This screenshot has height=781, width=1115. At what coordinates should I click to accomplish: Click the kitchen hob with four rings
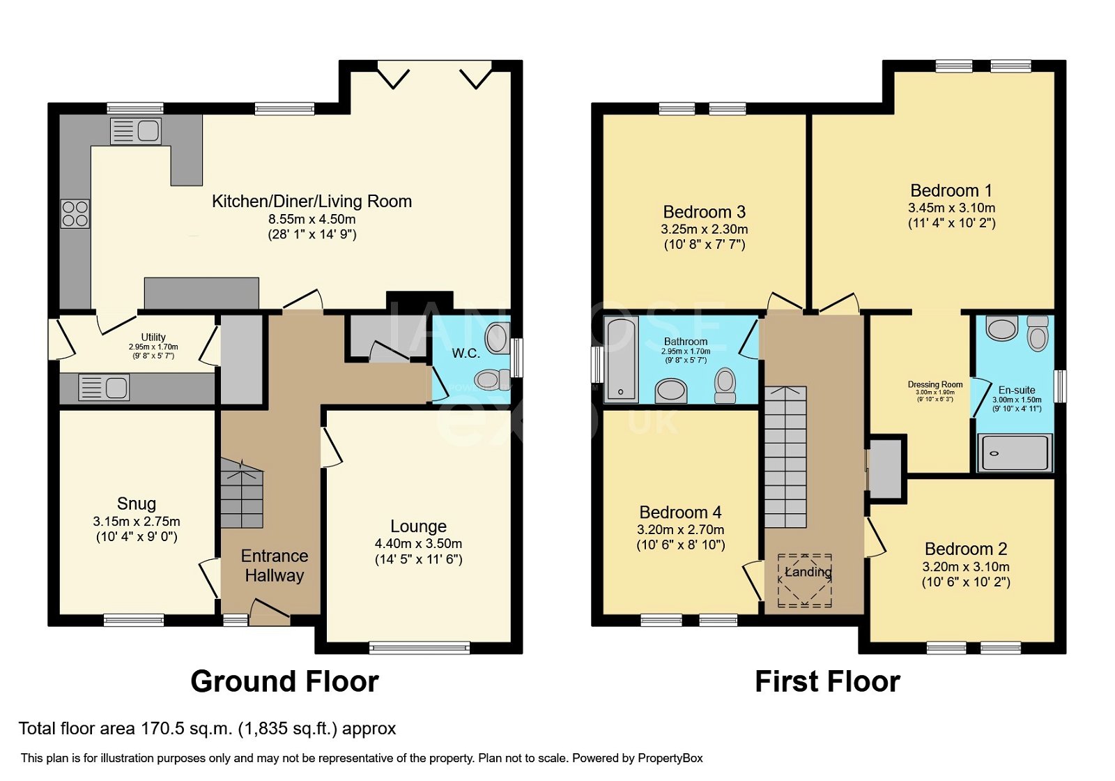pos(75,214)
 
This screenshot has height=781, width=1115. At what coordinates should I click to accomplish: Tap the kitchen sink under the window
pos(136,131)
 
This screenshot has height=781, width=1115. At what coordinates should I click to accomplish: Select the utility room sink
pos(104,388)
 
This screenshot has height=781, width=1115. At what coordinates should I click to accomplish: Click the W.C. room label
pos(466,354)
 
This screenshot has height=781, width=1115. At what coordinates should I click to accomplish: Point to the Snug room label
pos(137,503)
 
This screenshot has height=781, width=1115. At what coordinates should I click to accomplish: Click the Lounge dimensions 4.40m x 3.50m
pos(418,544)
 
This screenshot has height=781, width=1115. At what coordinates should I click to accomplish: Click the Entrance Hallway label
pos(275,566)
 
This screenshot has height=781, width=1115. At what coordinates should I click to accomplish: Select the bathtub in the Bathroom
pos(622,359)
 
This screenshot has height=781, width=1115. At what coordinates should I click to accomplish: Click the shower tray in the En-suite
pos(1015,453)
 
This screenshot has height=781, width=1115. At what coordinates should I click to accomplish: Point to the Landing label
pos(808,572)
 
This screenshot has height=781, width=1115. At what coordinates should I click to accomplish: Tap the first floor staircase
pos(785,457)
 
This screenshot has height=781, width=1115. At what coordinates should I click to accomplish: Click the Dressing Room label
pos(935,384)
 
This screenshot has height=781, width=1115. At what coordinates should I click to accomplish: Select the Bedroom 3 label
pos(704,212)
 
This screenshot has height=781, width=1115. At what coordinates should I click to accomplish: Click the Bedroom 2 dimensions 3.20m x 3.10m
pos(966,567)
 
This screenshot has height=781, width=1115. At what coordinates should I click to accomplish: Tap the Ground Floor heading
pos(284,681)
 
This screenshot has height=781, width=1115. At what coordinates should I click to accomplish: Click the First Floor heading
pos(827,681)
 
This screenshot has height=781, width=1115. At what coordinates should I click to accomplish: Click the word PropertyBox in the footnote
pos(670,758)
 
